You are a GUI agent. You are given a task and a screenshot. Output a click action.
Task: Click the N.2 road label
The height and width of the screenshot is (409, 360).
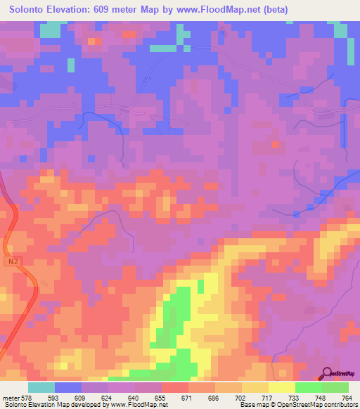click(13, 261)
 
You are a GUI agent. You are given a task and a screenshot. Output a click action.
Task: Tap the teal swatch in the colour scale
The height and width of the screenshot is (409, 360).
click(41, 388)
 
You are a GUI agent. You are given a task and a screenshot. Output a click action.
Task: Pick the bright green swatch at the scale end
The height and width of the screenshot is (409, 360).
click(335, 388)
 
